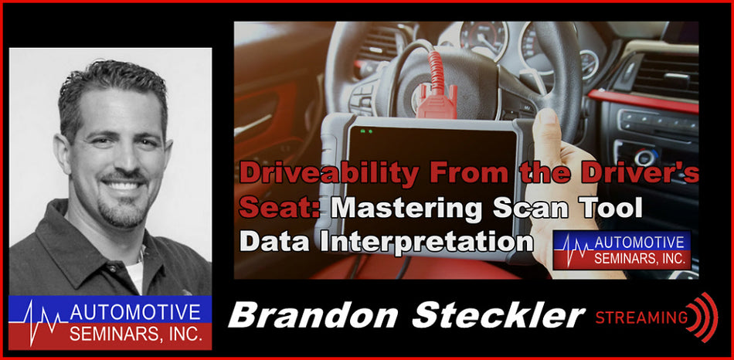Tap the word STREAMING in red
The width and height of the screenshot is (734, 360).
point(641,317)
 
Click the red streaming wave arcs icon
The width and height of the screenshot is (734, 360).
point(705,317)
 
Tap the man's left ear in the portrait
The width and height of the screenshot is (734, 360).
point(63,152)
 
